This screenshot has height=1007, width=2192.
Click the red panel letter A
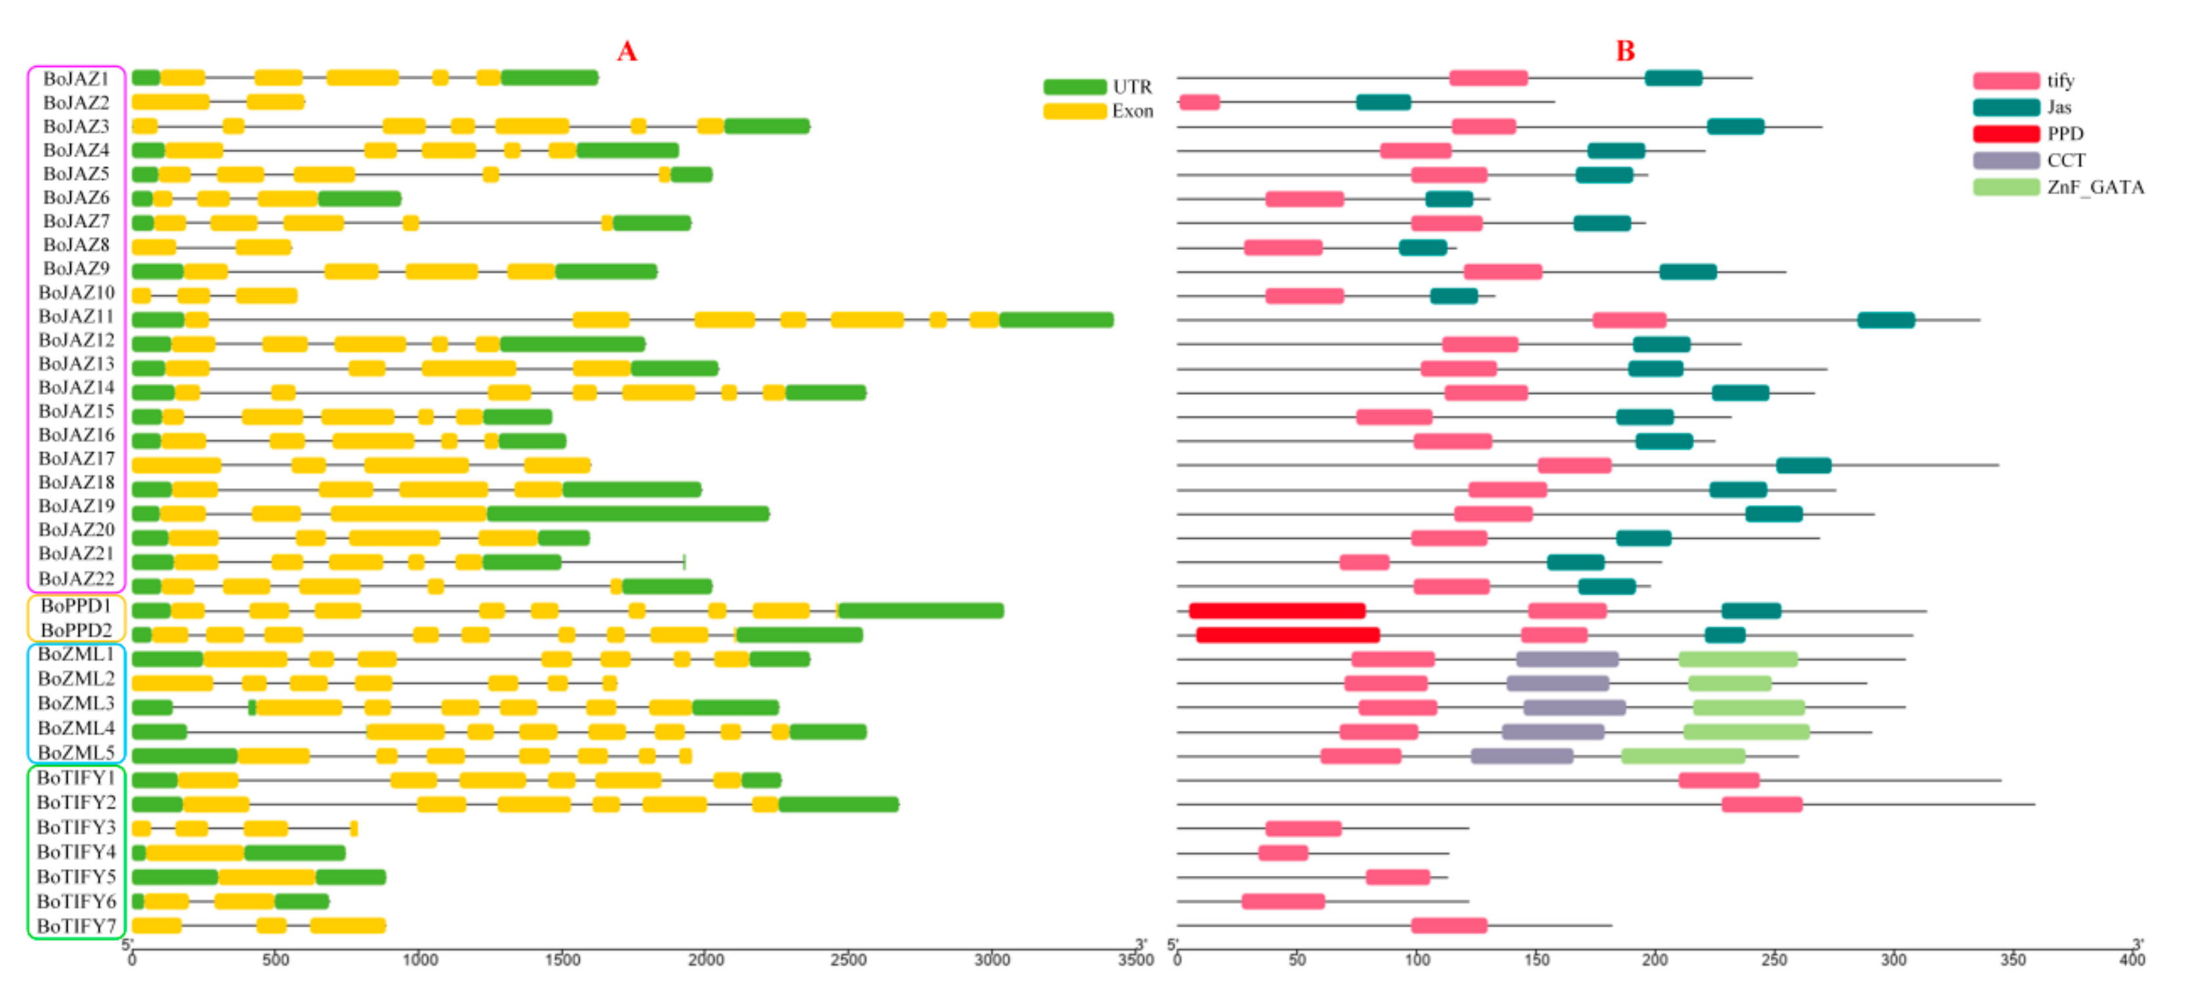click(626, 51)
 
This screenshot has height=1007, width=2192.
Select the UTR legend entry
click(1098, 87)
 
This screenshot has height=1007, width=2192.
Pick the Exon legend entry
click(1098, 112)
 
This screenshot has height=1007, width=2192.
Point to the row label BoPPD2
click(77, 630)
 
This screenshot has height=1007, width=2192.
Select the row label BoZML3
click(77, 703)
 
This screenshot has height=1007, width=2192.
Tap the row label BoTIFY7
click(77, 926)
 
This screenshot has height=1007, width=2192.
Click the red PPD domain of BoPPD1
click(1276, 611)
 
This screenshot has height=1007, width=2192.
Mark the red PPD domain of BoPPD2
click(1287, 634)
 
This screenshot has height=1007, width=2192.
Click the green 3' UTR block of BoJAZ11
click(1056, 319)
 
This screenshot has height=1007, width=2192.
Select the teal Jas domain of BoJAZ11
click(1885, 319)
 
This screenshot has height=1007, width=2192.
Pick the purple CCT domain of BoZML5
click(1522, 756)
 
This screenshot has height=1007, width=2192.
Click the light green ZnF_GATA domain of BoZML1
click(1738, 659)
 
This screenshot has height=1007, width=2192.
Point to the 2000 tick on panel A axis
click(706, 959)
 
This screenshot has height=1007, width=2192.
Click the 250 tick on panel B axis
click(1774, 959)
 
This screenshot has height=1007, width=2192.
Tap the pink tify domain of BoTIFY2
click(1761, 804)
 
